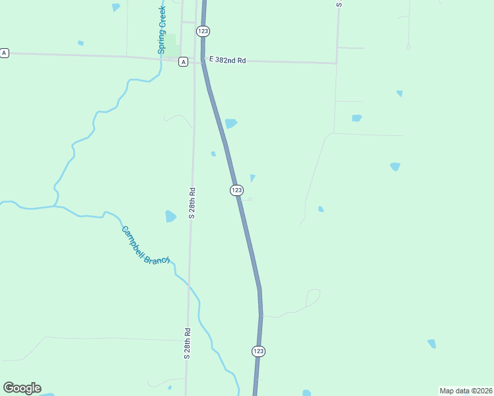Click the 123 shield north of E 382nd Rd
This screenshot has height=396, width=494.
tap(203, 31)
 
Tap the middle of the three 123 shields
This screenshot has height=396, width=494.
tap(236, 190)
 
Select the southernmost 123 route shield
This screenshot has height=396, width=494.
tap(259, 351)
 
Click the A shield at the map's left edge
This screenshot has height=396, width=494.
tap(5, 53)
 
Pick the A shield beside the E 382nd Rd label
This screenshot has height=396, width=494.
tap(183, 61)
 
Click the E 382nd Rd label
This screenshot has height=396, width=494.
tap(228, 61)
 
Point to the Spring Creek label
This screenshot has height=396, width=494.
tap(162, 30)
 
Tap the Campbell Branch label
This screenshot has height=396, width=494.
tap(145, 246)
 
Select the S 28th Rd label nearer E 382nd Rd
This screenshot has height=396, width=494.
tap(192, 203)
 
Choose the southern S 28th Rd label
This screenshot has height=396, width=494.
tap(187, 343)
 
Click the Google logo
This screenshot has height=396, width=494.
tap(22, 388)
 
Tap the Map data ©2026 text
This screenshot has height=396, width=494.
tap(466, 390)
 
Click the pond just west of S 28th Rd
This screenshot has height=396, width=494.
tap(170, 216)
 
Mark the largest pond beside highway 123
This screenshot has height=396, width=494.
tap(230, 123)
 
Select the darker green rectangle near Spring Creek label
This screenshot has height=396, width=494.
tap(170, 45)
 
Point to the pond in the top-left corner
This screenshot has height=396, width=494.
tap(116, 7)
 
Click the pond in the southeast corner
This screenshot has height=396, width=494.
tap(432, 344)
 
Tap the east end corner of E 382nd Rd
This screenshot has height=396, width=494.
tap(336, 63)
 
